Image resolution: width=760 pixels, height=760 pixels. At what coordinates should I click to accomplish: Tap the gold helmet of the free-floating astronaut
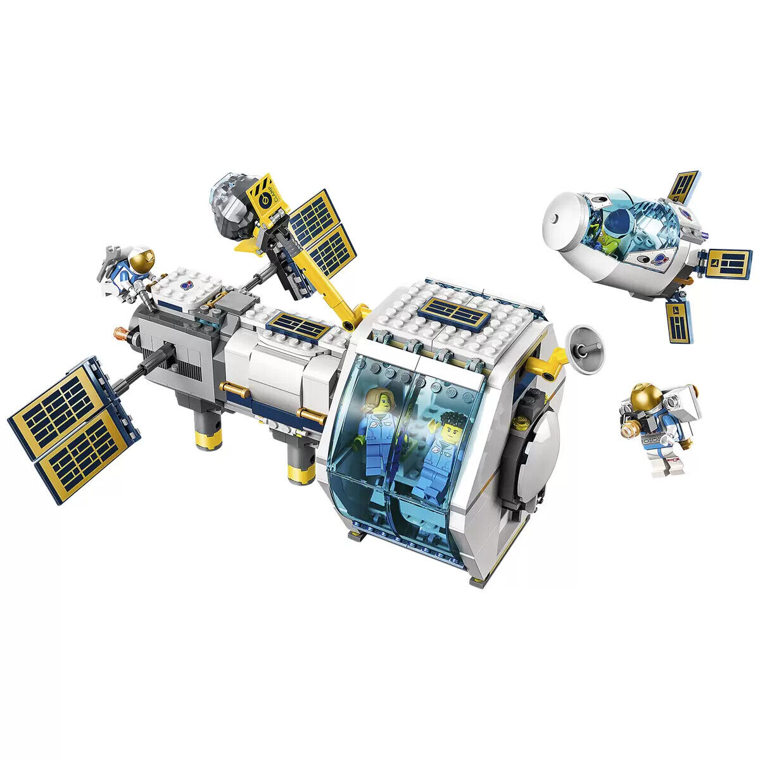coord(645,398)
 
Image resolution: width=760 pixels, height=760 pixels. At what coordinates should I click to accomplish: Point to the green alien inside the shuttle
coord(609,237)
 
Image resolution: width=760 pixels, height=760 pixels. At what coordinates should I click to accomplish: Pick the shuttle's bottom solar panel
coord(678,319)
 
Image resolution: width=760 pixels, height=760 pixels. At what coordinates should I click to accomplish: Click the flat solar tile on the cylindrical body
coord(296,327)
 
